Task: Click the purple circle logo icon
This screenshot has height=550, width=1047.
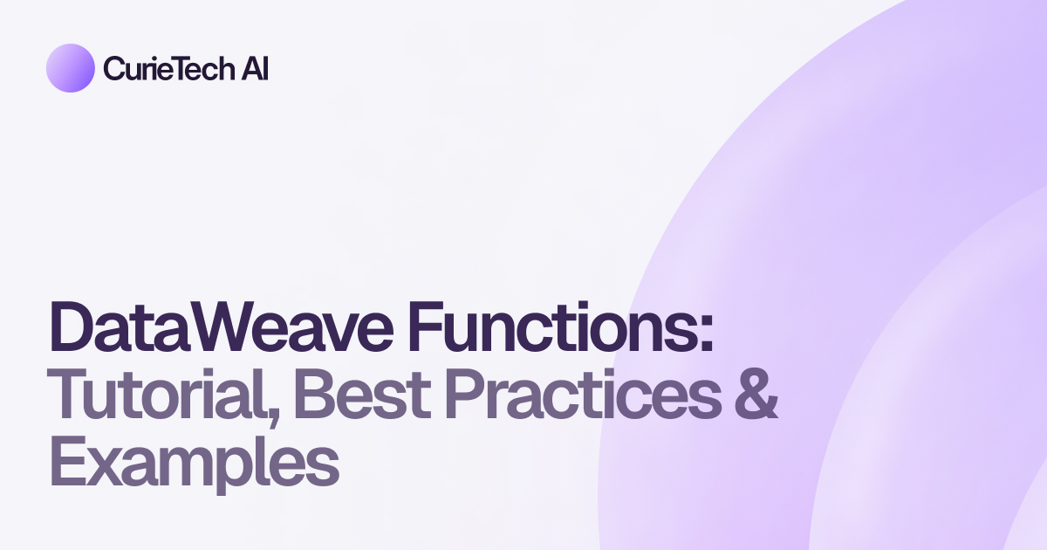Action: [x=70, y=68]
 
